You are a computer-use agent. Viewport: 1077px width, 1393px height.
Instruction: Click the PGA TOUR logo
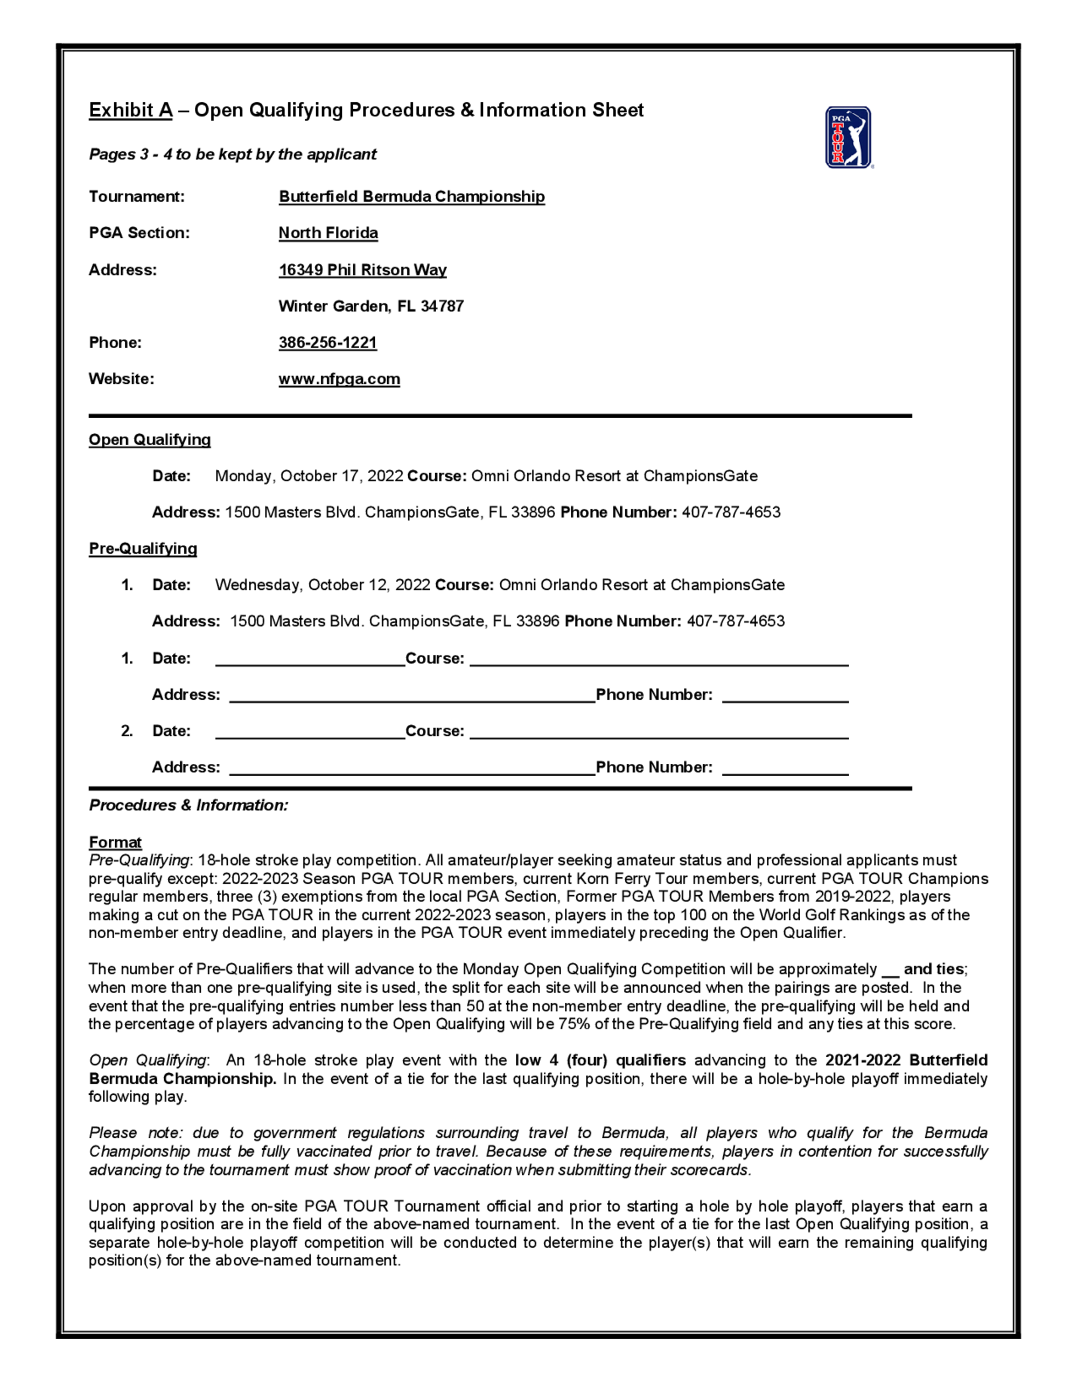pos(848,137)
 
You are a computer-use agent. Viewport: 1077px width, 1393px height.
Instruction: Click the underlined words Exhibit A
pos(130,110)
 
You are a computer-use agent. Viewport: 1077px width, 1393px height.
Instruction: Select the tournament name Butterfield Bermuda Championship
pos(411,196)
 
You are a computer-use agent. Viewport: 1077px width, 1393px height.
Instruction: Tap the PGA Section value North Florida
pos(328,233)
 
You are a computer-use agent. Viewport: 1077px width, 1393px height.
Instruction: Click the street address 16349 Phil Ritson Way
pos(362,270)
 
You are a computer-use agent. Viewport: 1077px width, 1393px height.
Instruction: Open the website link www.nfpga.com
pos(339,379)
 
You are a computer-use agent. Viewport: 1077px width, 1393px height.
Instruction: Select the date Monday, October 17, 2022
pos(309,476)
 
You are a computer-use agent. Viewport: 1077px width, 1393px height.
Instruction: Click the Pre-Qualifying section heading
pos(143,548)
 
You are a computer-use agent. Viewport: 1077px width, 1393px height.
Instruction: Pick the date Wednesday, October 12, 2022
pos(322,585)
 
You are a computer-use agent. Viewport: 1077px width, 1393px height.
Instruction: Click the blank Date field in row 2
pos(310,731)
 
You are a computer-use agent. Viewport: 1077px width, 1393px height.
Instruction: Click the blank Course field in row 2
pos(659,731)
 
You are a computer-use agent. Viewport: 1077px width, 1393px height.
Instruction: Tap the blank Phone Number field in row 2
pos(785,768)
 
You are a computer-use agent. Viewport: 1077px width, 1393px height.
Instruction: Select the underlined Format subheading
pos(115,842)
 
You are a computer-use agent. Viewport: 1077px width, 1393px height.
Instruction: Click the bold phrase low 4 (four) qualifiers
pos(600,1060)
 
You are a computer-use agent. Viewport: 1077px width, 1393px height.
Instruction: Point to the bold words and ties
pos(933,969)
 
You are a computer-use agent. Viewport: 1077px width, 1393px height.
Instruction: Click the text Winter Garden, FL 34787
pos(370,306)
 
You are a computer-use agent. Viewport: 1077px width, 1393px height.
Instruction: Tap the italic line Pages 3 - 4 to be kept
pos(233,154)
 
